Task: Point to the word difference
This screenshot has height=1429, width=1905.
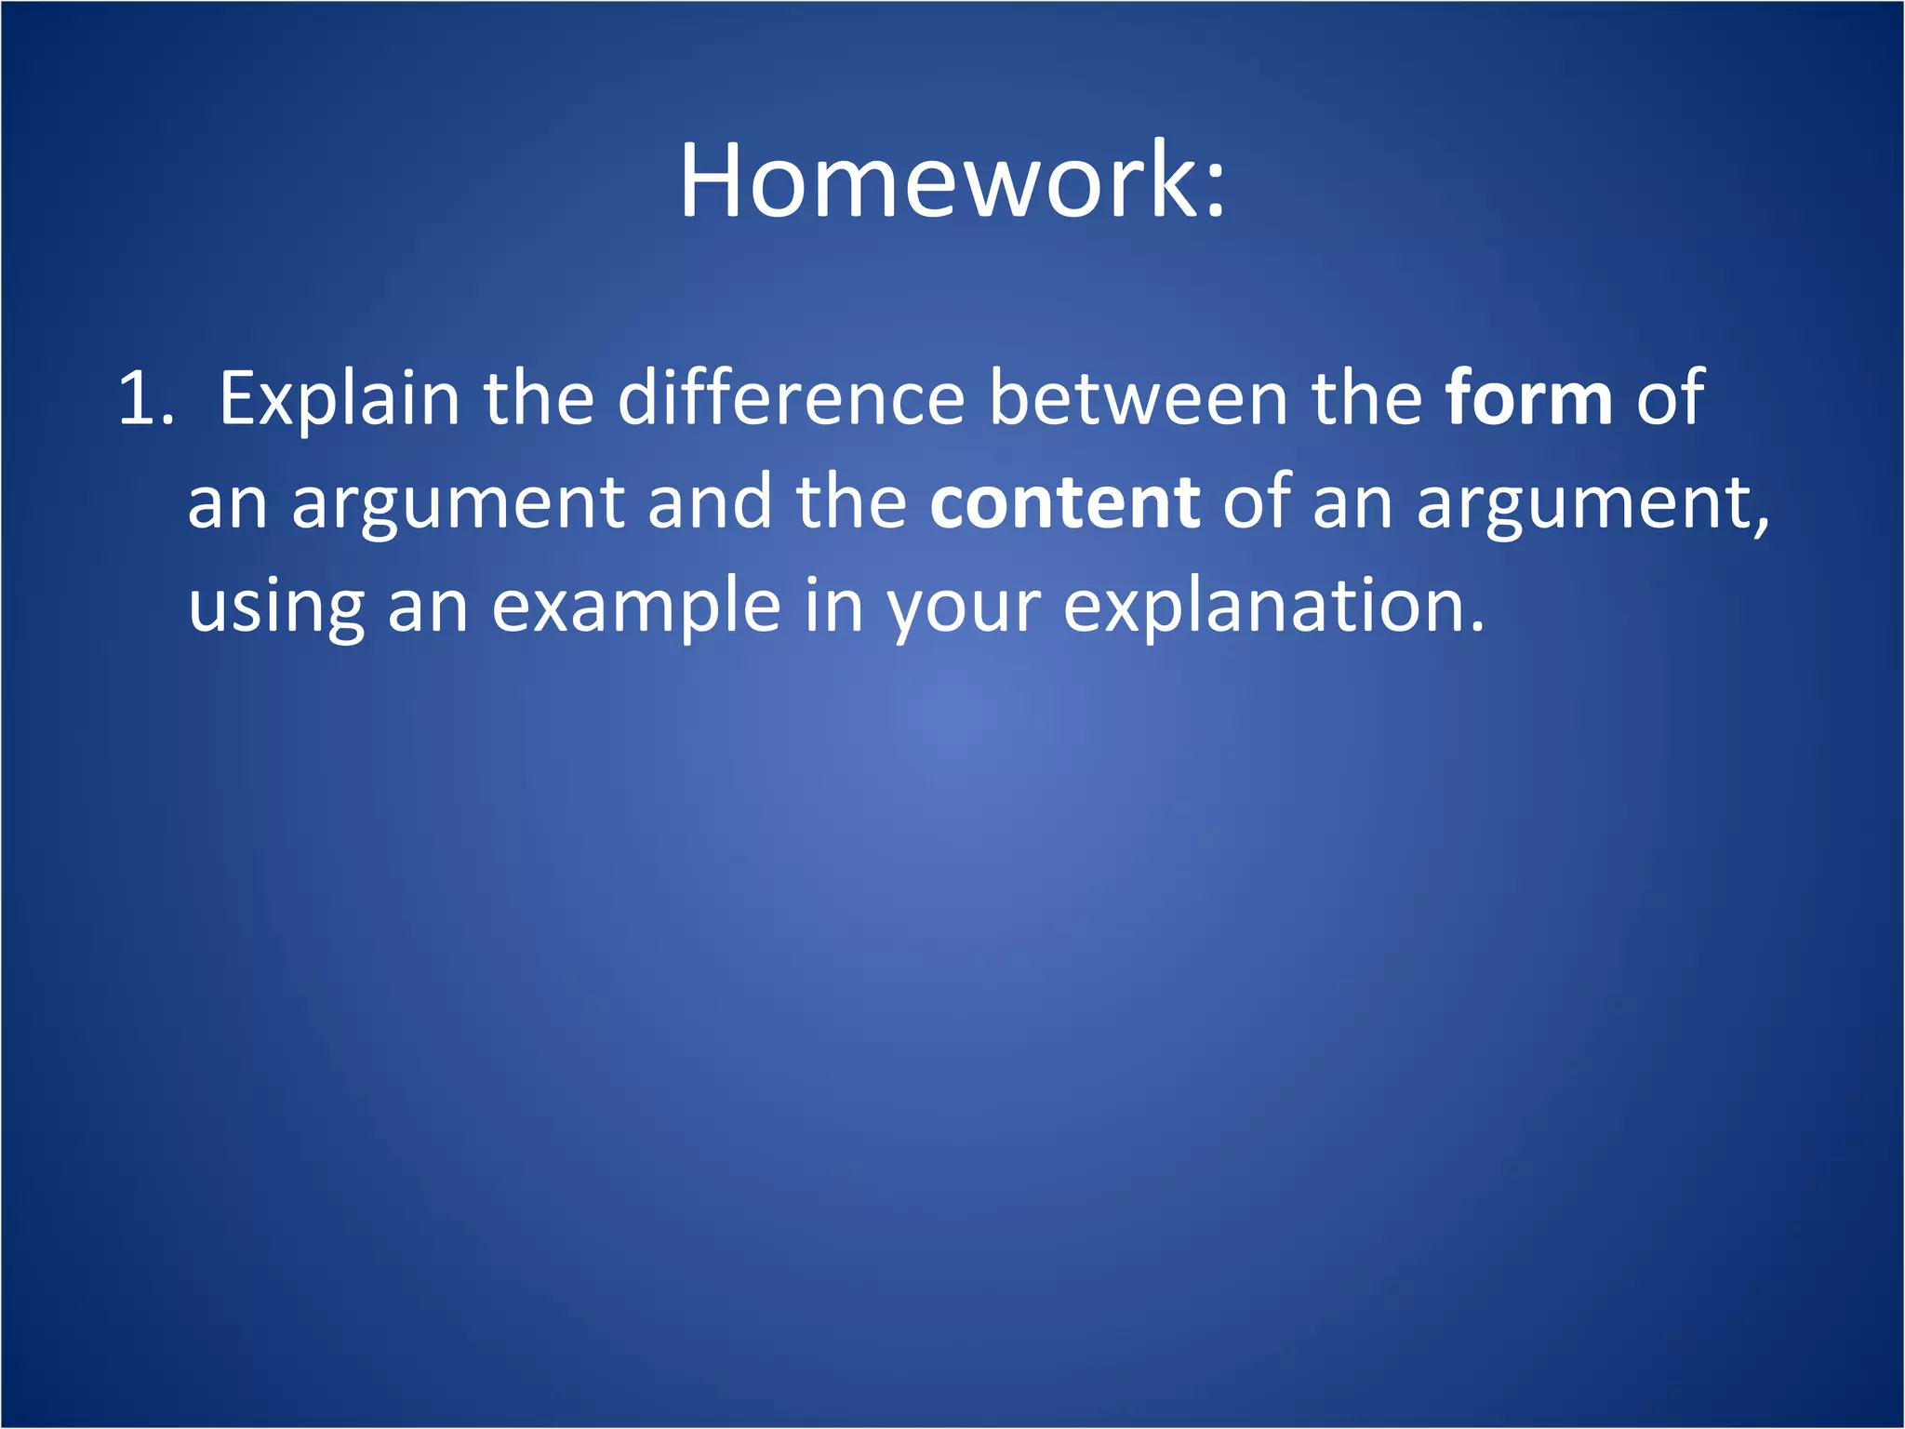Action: coord(791,398)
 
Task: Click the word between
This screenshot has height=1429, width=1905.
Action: coord(1137,398)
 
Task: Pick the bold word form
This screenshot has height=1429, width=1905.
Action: coord(1528,398)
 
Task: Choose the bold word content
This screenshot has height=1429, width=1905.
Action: coord(1064,502)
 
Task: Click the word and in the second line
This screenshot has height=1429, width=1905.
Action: coord(710,502)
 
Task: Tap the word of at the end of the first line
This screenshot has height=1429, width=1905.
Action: coord(1670,398)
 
